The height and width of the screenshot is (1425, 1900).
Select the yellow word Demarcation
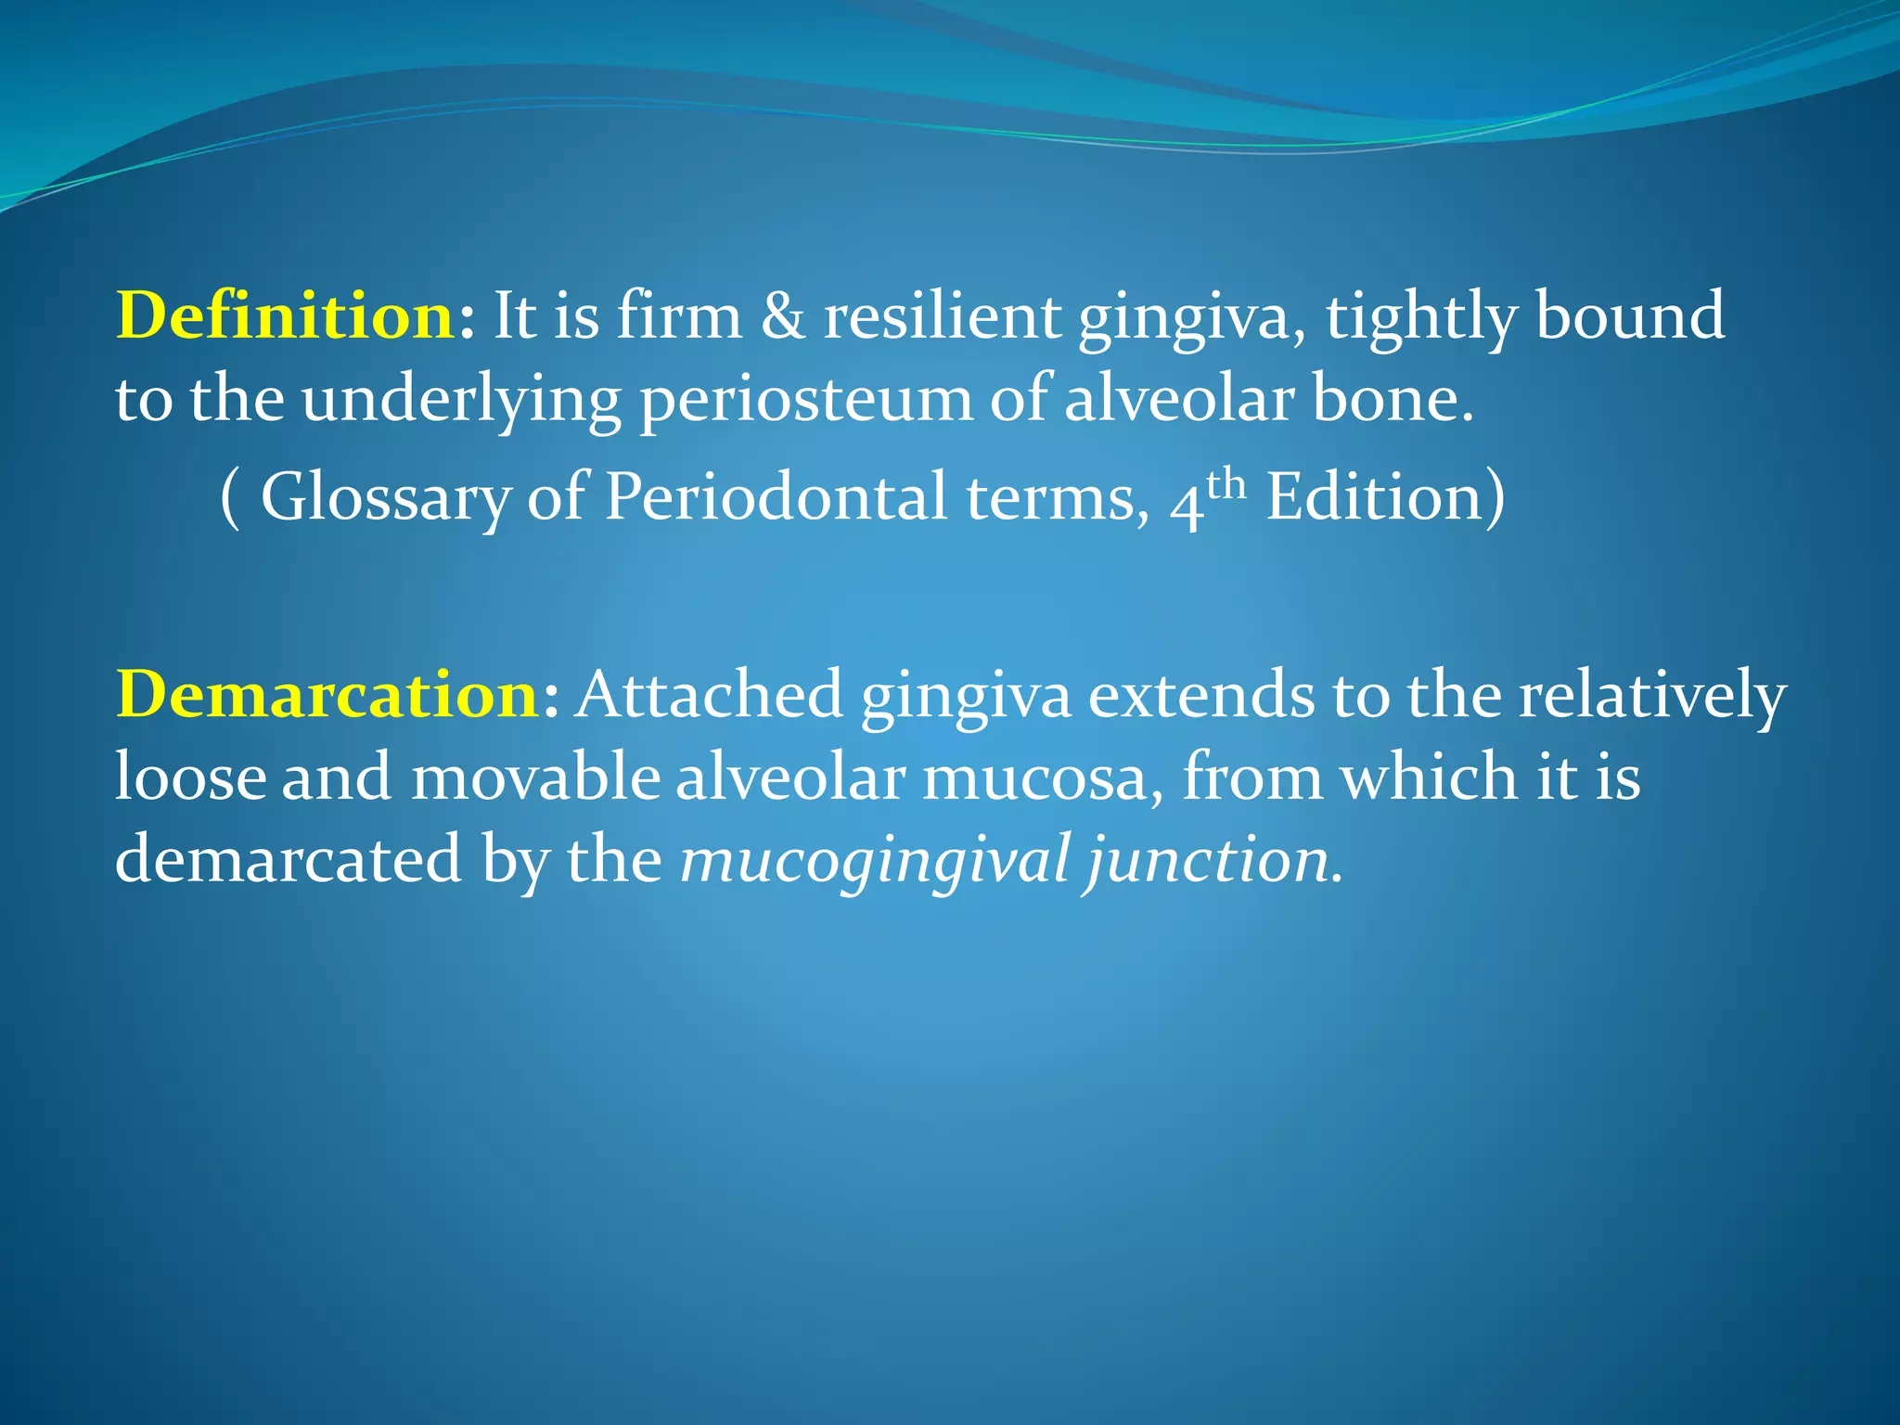click(x=327, y=694)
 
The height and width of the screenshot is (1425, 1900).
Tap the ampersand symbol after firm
click(x=782, y=315)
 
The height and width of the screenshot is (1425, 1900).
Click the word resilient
click(x=941, y=315)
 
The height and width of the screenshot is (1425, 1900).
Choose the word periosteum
click(x=804, y=401)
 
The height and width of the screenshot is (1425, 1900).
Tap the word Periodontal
click(x=776, y=496)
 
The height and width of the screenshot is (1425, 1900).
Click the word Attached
click(x=708, y=694)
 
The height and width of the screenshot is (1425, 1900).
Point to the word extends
click(x=1200, y=694)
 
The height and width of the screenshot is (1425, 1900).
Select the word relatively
click(x=1651, y=694)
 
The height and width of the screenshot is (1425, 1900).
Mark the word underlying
click(x=461, y=401)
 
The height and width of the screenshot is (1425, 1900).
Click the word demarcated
click(x=289, y=858)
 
